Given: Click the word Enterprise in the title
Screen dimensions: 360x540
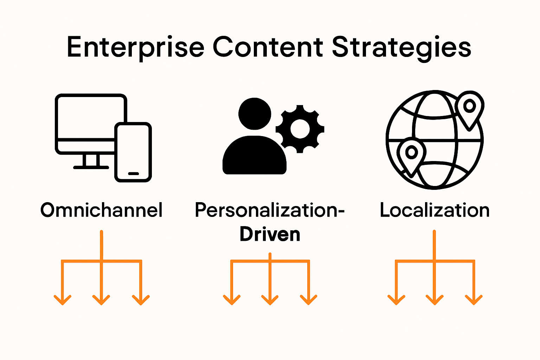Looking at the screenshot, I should pos(135,48).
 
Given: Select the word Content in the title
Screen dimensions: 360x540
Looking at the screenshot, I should pos(268,47).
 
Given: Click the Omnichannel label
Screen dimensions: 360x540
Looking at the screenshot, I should pos(102,210).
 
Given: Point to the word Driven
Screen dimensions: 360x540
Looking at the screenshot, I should pos(270,234).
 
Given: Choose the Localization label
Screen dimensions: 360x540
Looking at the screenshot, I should pos(435,210).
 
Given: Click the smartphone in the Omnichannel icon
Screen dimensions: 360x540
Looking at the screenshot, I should pos(133,152).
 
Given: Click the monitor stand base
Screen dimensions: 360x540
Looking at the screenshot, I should pos(91,167).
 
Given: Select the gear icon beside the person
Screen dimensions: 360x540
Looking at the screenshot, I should pos(300,129).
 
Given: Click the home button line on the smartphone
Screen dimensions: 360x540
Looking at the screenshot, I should pos(134,173).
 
